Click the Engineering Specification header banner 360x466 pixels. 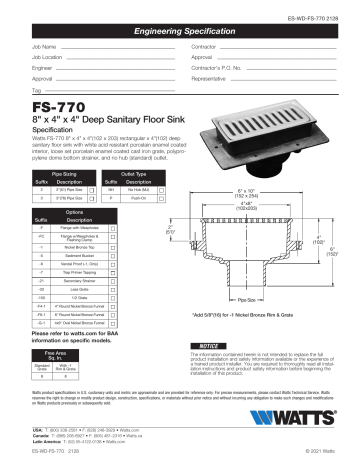(180, 32)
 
